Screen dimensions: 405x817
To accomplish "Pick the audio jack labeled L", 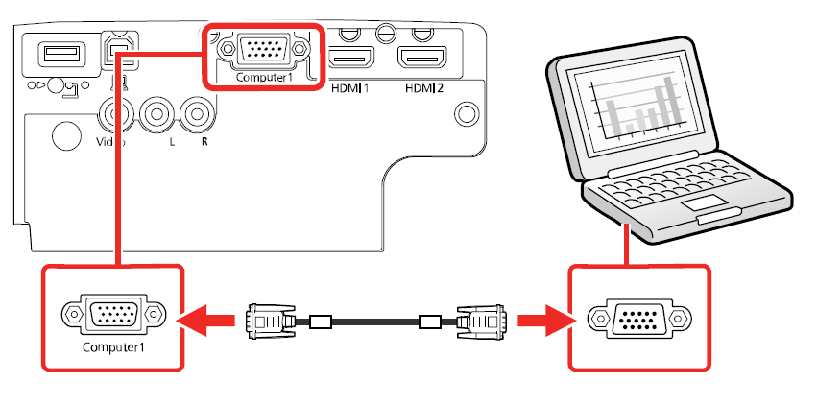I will coord(156,115).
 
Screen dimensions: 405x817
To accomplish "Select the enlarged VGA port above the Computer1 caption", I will coord(111,313).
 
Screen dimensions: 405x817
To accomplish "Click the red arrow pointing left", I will coord(210,319).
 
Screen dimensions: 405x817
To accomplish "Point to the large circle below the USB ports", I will coord(65,134).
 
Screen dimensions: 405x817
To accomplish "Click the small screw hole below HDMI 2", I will coord(467,112).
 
